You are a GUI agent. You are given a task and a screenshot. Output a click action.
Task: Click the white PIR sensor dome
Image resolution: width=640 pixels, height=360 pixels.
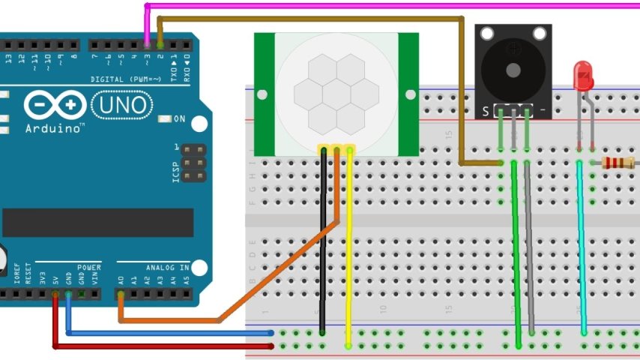click(336, 94)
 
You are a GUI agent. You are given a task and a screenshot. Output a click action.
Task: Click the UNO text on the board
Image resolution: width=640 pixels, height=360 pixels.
click(123, 106)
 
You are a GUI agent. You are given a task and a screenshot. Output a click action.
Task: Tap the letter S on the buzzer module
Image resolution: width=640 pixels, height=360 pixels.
click(486, 112)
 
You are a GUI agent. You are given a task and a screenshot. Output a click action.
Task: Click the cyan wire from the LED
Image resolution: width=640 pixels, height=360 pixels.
click(582, 247)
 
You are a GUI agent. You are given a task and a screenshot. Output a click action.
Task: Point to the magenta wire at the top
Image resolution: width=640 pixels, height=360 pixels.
click(390, 5)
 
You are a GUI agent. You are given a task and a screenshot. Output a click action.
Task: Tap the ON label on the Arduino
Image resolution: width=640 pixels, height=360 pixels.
click(179, 119)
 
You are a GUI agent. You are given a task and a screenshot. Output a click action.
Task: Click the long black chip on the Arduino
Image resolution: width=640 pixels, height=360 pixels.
click(98, 223)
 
